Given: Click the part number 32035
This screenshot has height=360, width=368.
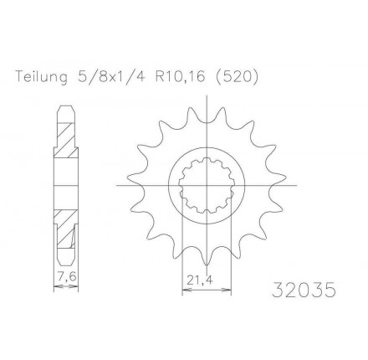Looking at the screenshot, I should tap(305, 291).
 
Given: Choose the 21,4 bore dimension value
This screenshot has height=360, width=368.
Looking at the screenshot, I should tap(198, 281).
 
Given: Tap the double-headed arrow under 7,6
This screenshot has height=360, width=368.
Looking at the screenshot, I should tap(66, 285).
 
